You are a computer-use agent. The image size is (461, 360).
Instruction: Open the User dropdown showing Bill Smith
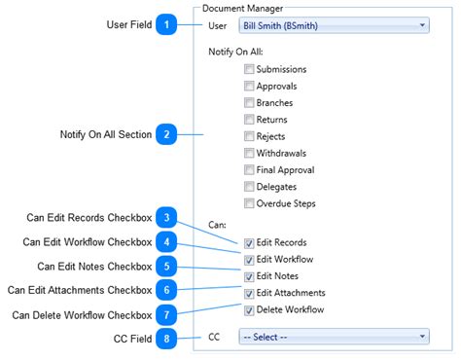point(333,25)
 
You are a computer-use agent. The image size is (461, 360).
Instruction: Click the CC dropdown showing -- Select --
point(333,337)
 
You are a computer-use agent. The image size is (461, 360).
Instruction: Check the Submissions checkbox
point(250,69)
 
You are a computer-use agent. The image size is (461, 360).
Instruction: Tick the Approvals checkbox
point(250,86)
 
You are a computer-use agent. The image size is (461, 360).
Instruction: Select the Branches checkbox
point(250,102)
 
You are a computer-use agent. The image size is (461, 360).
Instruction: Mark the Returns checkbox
point(250,120)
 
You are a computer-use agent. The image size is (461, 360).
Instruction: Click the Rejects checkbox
point(250,136)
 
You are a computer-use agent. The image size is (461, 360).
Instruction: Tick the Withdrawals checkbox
point(250,154)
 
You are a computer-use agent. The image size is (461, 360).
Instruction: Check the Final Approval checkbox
point(250,170)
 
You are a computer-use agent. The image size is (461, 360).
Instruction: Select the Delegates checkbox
point(250,187)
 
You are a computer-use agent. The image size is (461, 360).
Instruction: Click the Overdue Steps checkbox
point(250,203)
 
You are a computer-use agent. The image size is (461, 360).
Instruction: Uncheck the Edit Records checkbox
point(250,242)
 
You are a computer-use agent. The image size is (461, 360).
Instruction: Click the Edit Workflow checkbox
point(250,259)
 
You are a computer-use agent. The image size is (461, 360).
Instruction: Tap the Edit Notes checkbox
point(250,276)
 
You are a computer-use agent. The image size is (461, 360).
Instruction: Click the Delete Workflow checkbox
point(250,310)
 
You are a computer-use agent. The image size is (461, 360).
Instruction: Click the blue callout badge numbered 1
point(167,24)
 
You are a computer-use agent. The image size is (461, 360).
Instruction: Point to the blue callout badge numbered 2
point(167,134)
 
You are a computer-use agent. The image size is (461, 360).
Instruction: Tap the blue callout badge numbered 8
point(167,338)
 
